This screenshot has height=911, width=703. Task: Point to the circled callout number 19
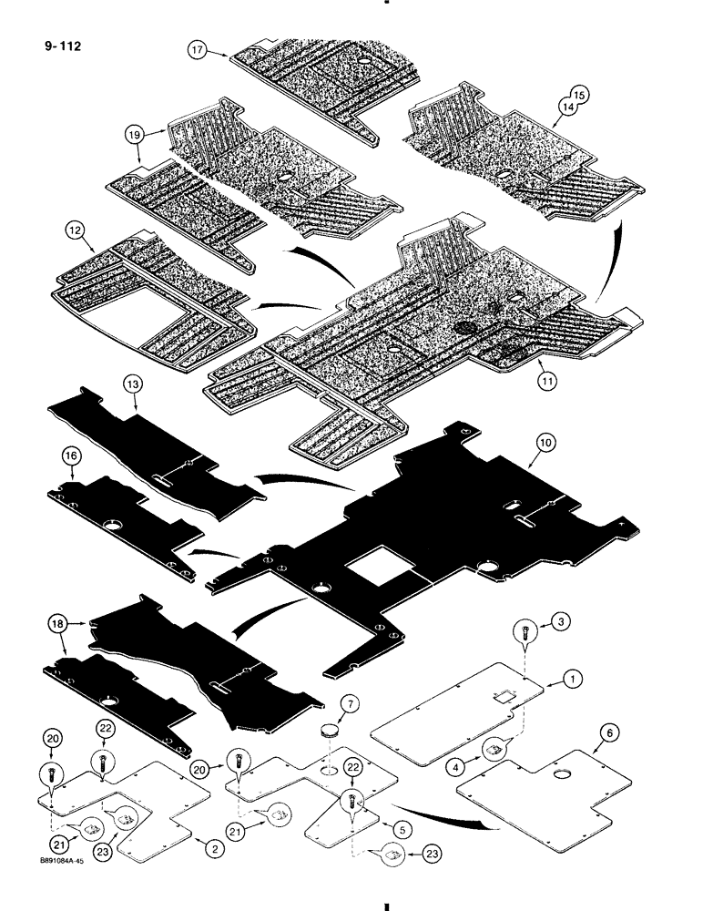pos(137,133)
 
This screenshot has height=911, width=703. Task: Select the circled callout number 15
pos(580,93)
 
